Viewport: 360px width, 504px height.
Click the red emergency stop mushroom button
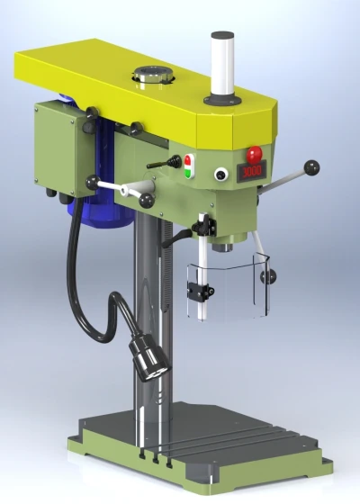tap(254, 154)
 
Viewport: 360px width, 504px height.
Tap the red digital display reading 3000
tap(252, 172)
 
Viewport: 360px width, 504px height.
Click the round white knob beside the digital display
tap(221, 175)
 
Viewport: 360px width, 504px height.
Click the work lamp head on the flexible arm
tap(149, 359)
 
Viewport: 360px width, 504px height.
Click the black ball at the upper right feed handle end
tap(311, 167)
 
